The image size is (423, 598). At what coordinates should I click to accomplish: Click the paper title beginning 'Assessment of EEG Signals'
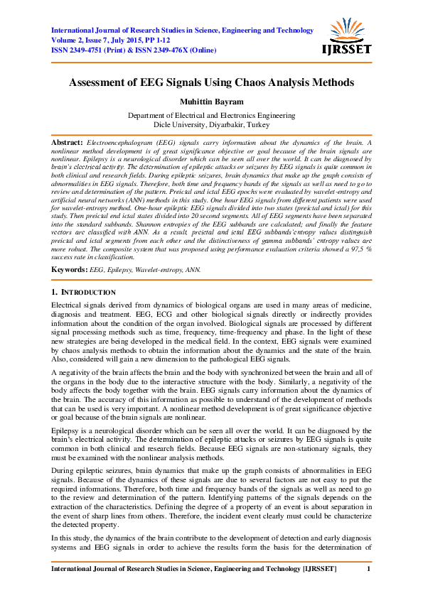tap(211, 82)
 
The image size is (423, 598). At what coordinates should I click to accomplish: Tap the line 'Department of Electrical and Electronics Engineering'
tap(211, 114)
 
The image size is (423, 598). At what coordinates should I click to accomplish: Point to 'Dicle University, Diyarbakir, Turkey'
tap(211, 124)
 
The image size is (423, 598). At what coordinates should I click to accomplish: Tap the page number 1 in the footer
tap(368, 570)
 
